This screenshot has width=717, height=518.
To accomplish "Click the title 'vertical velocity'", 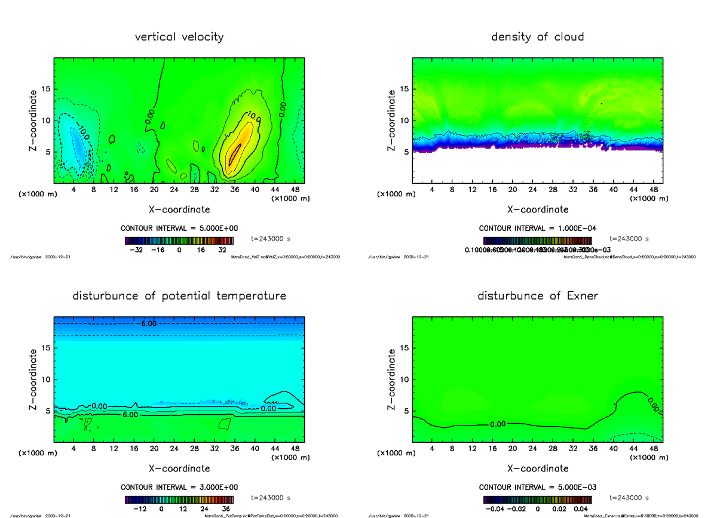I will click(179, 37).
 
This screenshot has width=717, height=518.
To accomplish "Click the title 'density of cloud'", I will click(537, 37).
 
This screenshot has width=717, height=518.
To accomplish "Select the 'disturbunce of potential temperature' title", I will click(179, 296).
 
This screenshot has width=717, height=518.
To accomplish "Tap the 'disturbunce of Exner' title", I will click(537, 296).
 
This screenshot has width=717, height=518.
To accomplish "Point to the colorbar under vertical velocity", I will click(179, 240).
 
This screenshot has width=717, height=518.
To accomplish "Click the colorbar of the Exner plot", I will click(537, 499).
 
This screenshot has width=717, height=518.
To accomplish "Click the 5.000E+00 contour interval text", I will click(179, 228).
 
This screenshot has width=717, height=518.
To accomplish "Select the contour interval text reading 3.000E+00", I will click(179, 487).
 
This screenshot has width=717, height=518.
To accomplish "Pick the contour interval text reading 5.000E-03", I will click(537, 487).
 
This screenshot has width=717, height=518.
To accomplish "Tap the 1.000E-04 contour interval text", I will click(537, 228).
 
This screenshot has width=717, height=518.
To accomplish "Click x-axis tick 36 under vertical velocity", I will click(234, 190).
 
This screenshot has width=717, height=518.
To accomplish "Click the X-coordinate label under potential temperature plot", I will click(179, 468).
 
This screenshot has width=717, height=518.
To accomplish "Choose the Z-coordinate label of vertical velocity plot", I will click(35, 120).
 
